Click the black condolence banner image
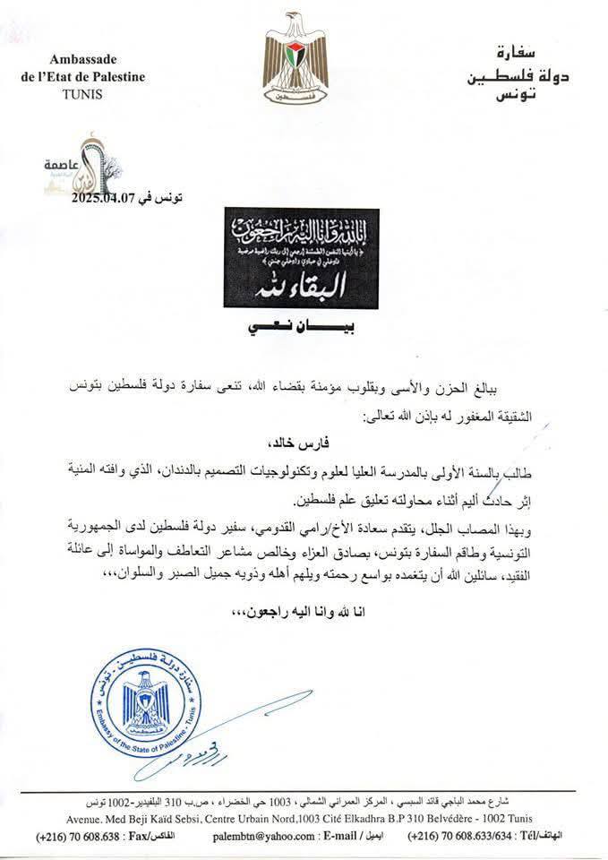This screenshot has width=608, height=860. point(302,258)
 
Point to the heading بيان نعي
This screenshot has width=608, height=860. point(301,329)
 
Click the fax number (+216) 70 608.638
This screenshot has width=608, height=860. point(75,835)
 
